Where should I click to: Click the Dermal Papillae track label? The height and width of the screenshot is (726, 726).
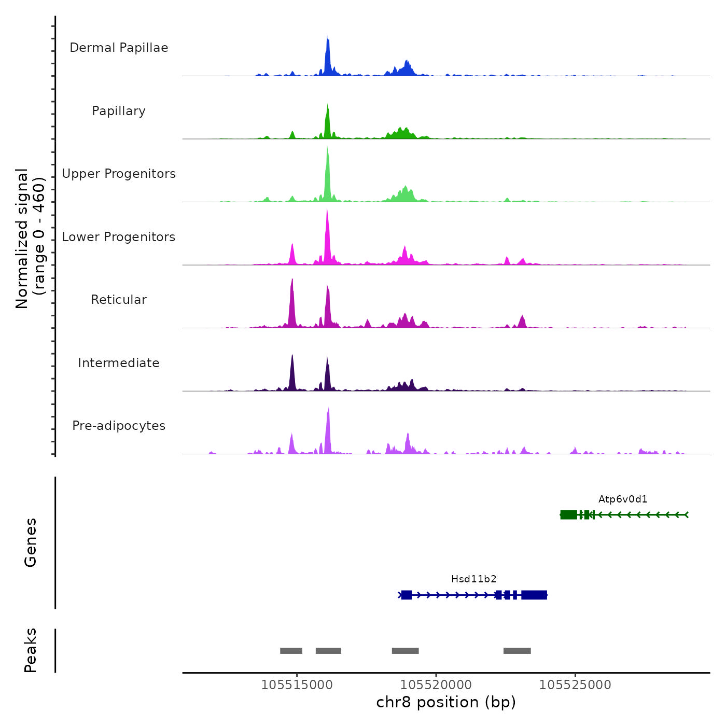tap(119, 48)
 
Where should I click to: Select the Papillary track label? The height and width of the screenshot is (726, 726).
tap(119, 111)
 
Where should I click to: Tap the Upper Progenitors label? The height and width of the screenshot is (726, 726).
tap(119, 174)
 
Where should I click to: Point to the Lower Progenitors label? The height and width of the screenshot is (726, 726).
tap(119, 237)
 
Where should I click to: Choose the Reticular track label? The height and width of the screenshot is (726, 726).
tap(119, 300)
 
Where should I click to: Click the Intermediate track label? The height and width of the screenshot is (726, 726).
tap(119, 363)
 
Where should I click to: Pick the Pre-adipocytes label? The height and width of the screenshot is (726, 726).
tap(119, 426)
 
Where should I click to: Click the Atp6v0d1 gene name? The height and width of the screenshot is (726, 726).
tap(623, 499)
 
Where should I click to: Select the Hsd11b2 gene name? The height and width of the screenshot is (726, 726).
tap(474, 579)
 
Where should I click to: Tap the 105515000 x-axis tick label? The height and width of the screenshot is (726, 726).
tap(297, 685)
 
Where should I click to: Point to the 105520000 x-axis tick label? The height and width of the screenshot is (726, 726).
tap(436, 685)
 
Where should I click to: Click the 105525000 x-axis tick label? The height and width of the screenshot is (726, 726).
tap(575, 685)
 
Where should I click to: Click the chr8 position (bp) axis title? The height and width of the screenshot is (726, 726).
tap(446, 703)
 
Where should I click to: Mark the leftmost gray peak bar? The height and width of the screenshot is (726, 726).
tap(291, 651)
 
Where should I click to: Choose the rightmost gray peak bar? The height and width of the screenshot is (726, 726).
tap(517, 651)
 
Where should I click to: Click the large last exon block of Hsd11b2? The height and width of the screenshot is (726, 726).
tap(534, 595)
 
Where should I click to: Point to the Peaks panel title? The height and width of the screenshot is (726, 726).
tap(30, 650)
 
